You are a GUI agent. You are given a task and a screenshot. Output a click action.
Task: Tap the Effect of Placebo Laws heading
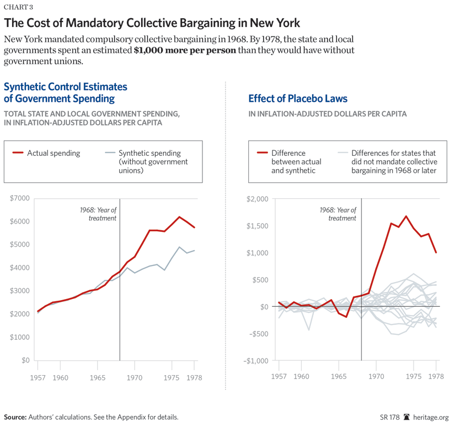click(x=298, y=99)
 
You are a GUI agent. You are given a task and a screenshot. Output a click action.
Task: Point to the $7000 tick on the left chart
click(x=20, y=198)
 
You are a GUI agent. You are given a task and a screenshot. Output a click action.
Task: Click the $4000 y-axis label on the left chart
click(x=20, y=268)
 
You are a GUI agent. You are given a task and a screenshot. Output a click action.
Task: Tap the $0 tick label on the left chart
click(x=24, y=360)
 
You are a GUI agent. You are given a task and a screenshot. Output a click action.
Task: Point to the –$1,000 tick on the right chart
click(x=254, y=360)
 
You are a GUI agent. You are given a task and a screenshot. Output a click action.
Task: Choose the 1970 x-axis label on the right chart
click(x=376, y=377)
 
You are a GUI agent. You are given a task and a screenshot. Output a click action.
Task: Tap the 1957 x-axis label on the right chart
click(x=279, y=377)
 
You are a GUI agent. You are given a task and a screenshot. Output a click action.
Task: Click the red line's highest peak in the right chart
click(x=406, y=216)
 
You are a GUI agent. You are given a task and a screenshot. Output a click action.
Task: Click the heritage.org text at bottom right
click(x=432, y=417)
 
